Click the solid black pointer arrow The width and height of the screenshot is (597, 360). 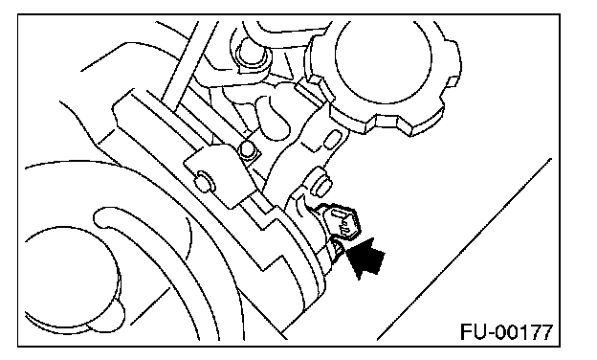(366, 259)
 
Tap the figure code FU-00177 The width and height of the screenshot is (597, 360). (506, 332)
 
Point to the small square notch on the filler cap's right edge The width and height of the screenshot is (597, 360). (452, 82)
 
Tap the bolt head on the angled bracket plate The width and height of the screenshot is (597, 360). (205, 181)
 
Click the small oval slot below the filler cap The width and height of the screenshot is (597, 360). (332, 139)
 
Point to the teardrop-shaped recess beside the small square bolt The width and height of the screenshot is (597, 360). (273, 117)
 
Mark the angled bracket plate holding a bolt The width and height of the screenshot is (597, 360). (218, 176)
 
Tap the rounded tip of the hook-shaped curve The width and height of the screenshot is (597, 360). (99, 218)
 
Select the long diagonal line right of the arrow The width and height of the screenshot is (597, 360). (464, 248)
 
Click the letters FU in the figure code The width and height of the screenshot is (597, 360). (474, 332)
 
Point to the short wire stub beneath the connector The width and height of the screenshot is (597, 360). (338, 252)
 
